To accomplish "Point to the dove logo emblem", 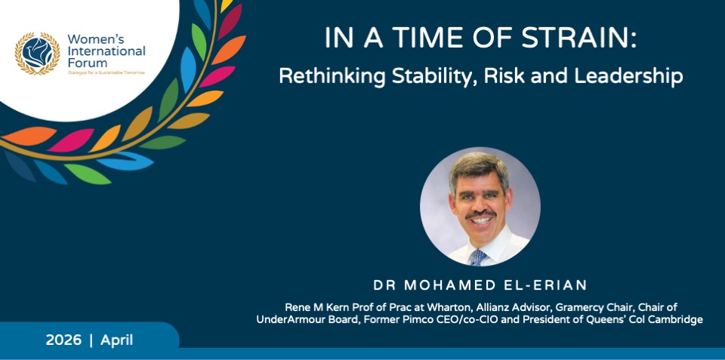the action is point(37,53).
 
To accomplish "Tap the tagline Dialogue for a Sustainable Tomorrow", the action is point(106,72).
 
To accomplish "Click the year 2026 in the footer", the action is point(63,340).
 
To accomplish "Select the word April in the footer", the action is point(116,341).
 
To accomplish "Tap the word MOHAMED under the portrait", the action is point(447,285).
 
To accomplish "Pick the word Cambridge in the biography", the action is point(679,320).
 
